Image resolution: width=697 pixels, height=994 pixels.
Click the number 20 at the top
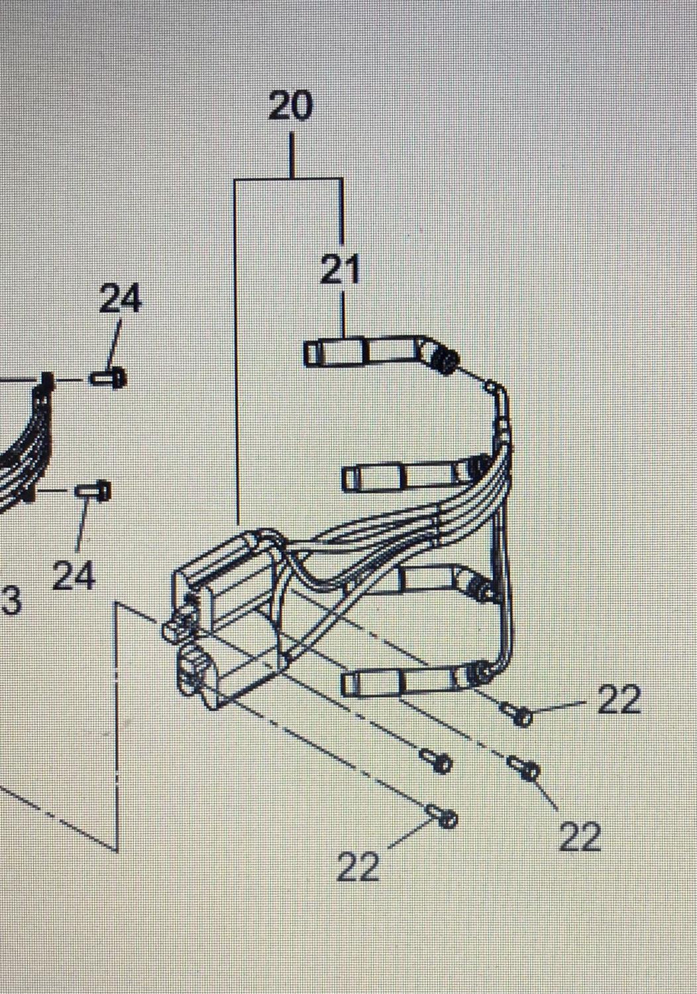pos(291,105)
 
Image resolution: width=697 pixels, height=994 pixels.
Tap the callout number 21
pos(340,269)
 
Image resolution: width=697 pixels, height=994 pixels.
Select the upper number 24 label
pos(120,299)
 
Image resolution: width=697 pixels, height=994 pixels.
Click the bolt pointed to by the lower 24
pos(93,491)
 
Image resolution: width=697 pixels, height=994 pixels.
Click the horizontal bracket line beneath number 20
pos(288,179)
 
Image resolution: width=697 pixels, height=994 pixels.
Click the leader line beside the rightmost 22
pos(560,706)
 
